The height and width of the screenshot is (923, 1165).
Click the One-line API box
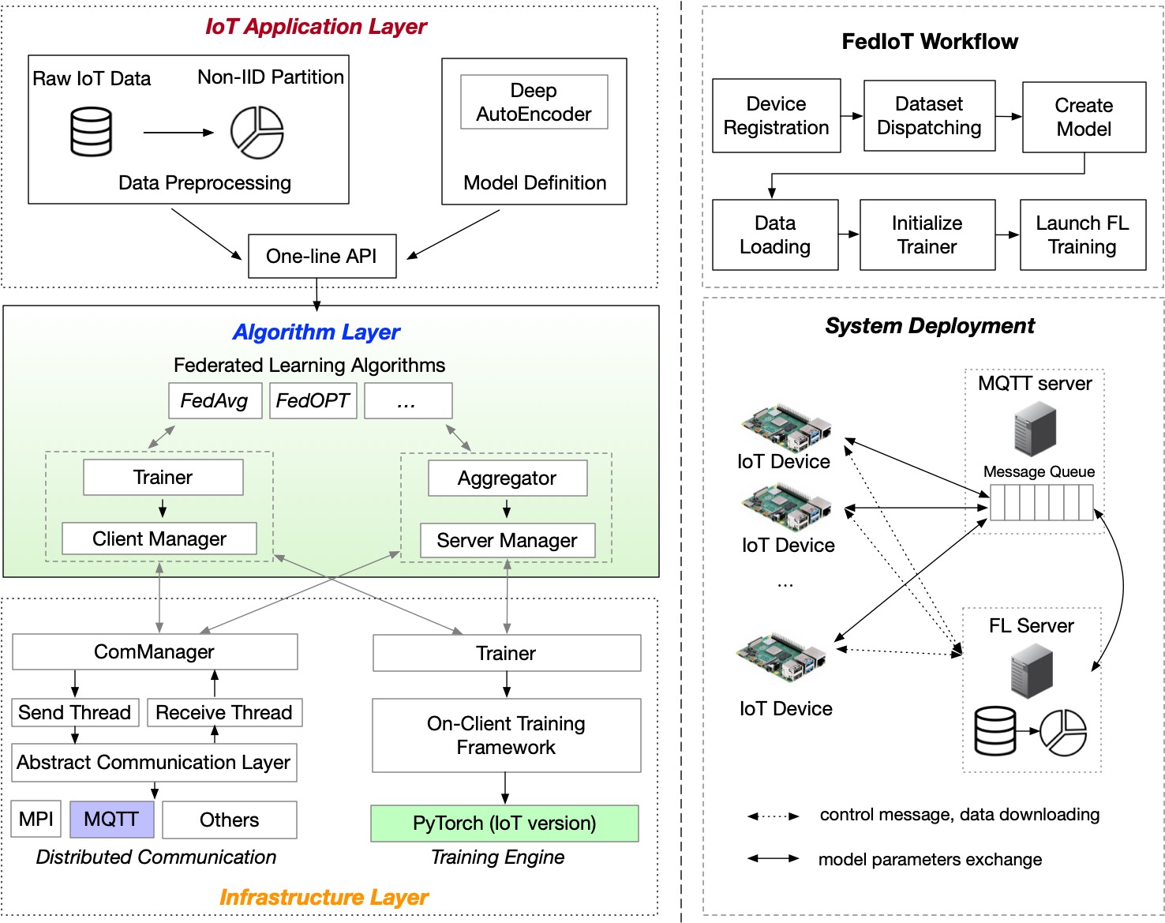coord(322,256)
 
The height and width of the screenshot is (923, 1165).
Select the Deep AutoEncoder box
coord(534,102)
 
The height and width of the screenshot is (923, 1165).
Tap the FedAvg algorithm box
coord(215,401)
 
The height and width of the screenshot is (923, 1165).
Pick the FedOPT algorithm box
coord(313,401)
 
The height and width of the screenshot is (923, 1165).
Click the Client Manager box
coord(159,538)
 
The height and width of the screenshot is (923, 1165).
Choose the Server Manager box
coord(507,540)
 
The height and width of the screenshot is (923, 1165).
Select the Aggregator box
coord(508,478)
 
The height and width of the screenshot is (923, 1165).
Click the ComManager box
coord(155,652)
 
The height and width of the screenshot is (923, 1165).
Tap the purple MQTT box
coord(111,820)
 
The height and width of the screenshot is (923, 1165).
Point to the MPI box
coord(36,820)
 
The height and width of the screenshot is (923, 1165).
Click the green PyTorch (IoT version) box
coord(504,824)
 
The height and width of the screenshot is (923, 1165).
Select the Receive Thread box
coord(224,712)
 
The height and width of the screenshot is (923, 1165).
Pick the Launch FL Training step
coord(1083,235)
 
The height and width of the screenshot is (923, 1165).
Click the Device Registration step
coord(776,116)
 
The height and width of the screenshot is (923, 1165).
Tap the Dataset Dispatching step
coord(929,116)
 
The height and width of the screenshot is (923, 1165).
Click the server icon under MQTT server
coord(1035,429)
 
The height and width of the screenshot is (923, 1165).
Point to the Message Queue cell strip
coord(1042,502)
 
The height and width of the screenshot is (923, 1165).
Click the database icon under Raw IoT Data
coord(92,132)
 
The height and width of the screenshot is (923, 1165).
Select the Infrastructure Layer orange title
coord(324,898)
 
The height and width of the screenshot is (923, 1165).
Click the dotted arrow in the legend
coord(774,816)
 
